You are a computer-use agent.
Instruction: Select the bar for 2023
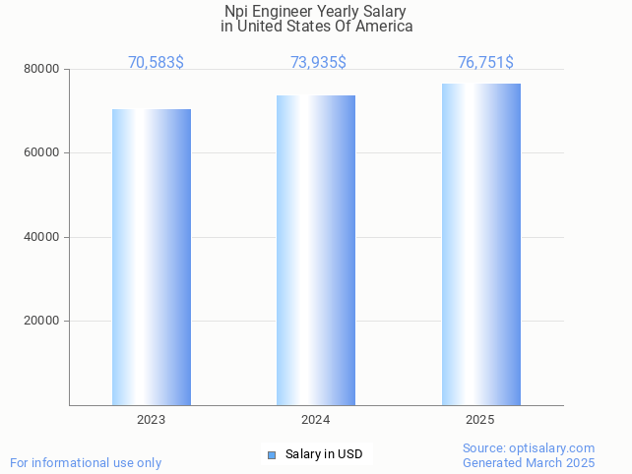152,257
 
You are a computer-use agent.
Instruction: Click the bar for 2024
316,250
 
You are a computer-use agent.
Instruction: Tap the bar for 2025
480,244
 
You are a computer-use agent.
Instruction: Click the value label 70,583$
156,63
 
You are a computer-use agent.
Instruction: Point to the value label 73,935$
318,63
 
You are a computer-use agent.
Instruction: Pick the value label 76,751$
485,63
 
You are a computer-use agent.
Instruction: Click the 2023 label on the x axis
152,420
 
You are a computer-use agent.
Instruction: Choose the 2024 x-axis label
316,420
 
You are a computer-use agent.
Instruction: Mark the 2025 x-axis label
480,420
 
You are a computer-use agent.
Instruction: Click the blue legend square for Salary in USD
272,454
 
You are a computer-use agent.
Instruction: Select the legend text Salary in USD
324,454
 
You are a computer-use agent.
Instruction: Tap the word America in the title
383,27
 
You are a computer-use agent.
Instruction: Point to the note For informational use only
86,462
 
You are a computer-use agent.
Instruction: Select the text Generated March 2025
529,462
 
